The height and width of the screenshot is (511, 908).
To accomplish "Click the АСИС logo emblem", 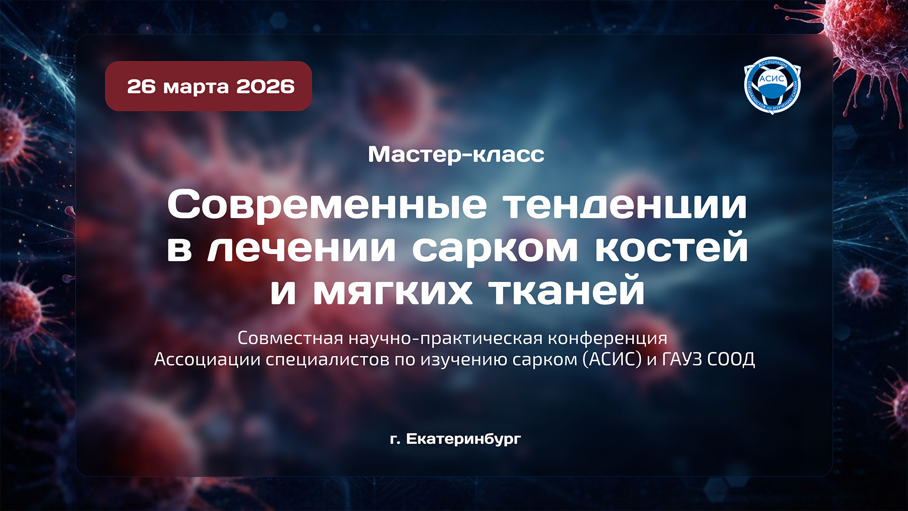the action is (772, 86).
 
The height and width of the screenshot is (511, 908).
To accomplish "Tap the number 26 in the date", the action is (141, 87).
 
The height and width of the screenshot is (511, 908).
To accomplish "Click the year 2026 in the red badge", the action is (265, 87).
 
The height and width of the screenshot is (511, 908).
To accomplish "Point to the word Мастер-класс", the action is (456, 155).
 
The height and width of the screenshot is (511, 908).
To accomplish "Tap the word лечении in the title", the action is (301, 248).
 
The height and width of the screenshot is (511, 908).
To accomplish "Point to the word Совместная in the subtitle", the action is (290, 338).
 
